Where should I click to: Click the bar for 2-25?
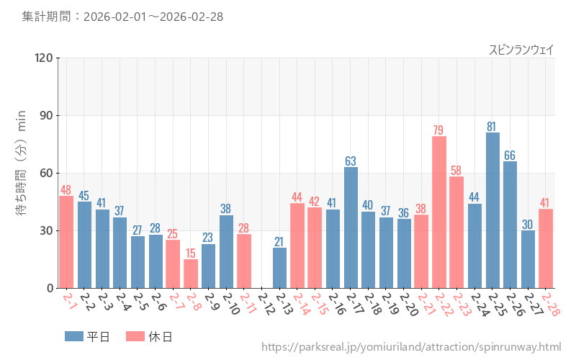pyautogui.click(x=492, y=210)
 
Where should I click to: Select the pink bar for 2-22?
pyautogui.click(x=439, y=212)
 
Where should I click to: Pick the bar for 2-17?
pyautogui.click(x=351, y=228)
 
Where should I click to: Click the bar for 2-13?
pyautogui.click(x=279, y=268)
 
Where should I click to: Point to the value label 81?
pyautogui.click(x=492, y=127)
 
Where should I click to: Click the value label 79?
pyautogui.click(x=439, y=130)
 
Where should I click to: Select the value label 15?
pyautogui.click(x=191, y=253)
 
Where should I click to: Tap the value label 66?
pyautogui.click(x=510, y=156)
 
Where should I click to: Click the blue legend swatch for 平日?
pyautogui.click(x=74, y=336)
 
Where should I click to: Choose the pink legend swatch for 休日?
pyautogui.click(x=135, y=336)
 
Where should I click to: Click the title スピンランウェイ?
pyautogui.click(x=521, y=50)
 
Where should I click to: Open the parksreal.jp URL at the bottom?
pyautogui.click(x=411, y=348)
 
